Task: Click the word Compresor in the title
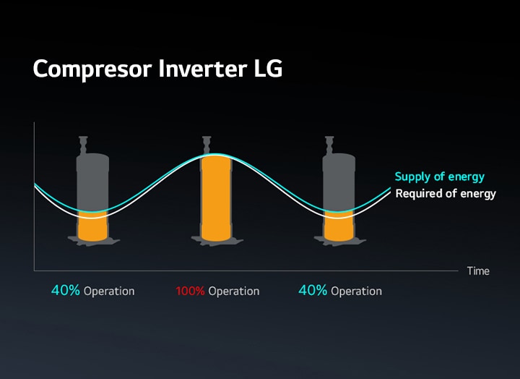click(92, 69)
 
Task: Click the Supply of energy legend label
click(440, 176)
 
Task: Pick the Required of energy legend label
click(446, 194)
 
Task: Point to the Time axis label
click(478, 271)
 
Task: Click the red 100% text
click(190, 291)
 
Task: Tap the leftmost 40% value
click(65, 291)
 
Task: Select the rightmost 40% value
click(313, 291)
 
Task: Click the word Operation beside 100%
click(234, 291)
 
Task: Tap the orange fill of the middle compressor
click(216, 198)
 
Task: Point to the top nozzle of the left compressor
click(83, 145)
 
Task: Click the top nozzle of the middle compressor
click(207, 145)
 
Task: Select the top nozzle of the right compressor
click(329, 145)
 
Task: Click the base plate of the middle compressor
click(217, 241)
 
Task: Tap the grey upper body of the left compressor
click(92, 181)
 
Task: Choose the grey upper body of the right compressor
click(339, 181)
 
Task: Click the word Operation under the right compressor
click(357, 291)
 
